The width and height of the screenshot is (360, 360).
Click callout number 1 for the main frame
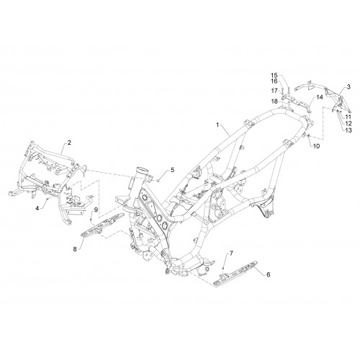tap(217, 125)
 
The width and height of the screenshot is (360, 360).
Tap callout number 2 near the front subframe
tap(69, 143)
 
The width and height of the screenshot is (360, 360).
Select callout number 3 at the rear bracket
tap(348, 86)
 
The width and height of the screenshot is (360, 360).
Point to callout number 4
tap(37, 208)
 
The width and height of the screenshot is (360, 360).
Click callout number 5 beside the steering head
tap(173, 170)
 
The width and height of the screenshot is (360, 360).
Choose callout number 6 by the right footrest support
tap(269, 274)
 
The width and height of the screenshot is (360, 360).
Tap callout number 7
tap(231, 253)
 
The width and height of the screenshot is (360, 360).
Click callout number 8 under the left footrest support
tap(75, 249)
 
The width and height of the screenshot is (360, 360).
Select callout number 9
tap(96, 210)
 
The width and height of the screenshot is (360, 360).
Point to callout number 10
tap(317, 146)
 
